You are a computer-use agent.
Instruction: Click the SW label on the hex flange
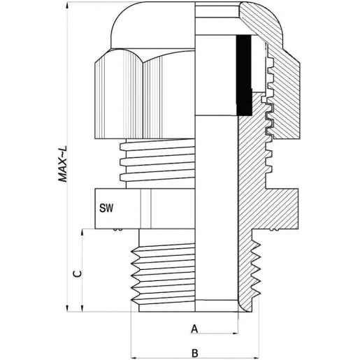[107, 208]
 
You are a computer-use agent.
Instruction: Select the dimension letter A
[195, 328]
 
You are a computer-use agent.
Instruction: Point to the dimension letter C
[78, 274]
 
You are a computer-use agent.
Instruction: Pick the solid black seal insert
[244, 75]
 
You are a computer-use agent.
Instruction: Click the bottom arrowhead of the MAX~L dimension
[69, 308]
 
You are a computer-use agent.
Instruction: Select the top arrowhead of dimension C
[85, 233]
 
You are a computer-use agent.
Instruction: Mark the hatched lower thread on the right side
[252, 273]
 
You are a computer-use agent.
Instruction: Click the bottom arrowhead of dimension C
[85, 308]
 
